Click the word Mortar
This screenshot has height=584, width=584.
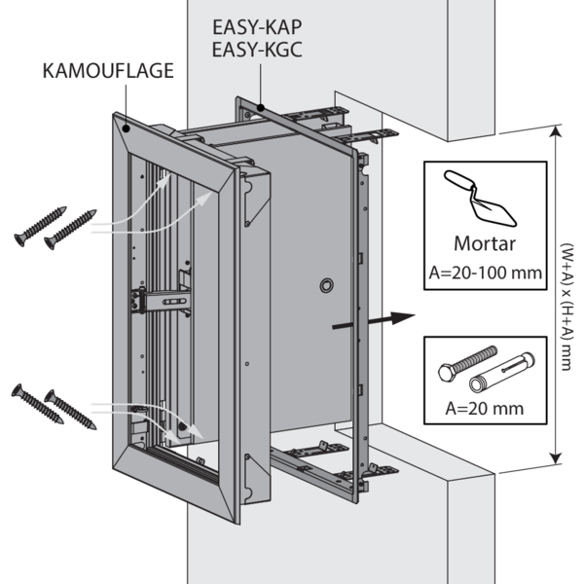coord(485,244)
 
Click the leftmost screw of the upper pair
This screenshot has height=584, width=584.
coord(40,226)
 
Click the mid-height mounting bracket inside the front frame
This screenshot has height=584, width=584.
coord(160,301)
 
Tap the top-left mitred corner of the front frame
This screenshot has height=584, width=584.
coord(124,124)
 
